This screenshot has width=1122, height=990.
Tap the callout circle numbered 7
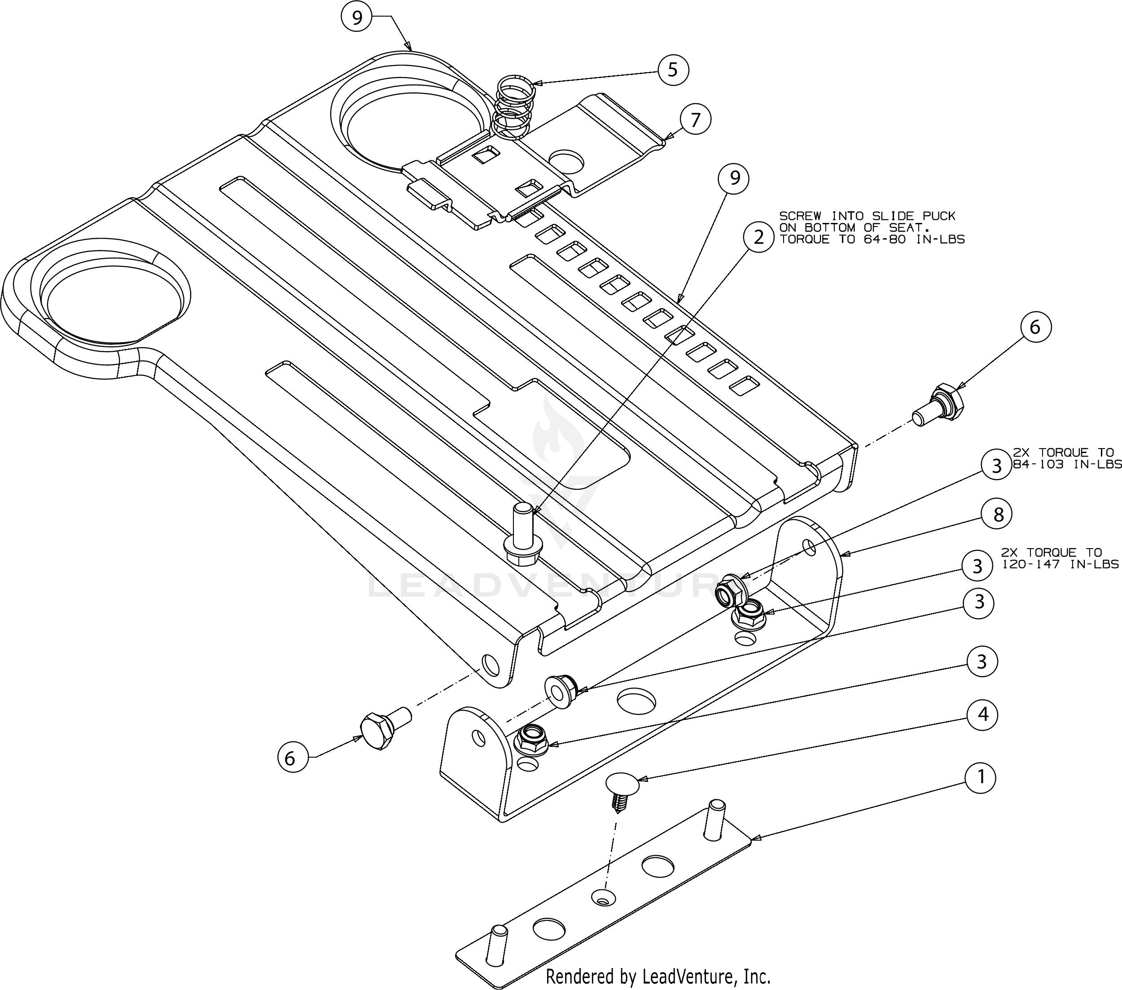[x=696, y=120]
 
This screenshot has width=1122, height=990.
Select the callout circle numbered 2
[x=758, y=237]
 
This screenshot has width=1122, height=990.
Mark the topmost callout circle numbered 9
[x=357, y=18]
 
